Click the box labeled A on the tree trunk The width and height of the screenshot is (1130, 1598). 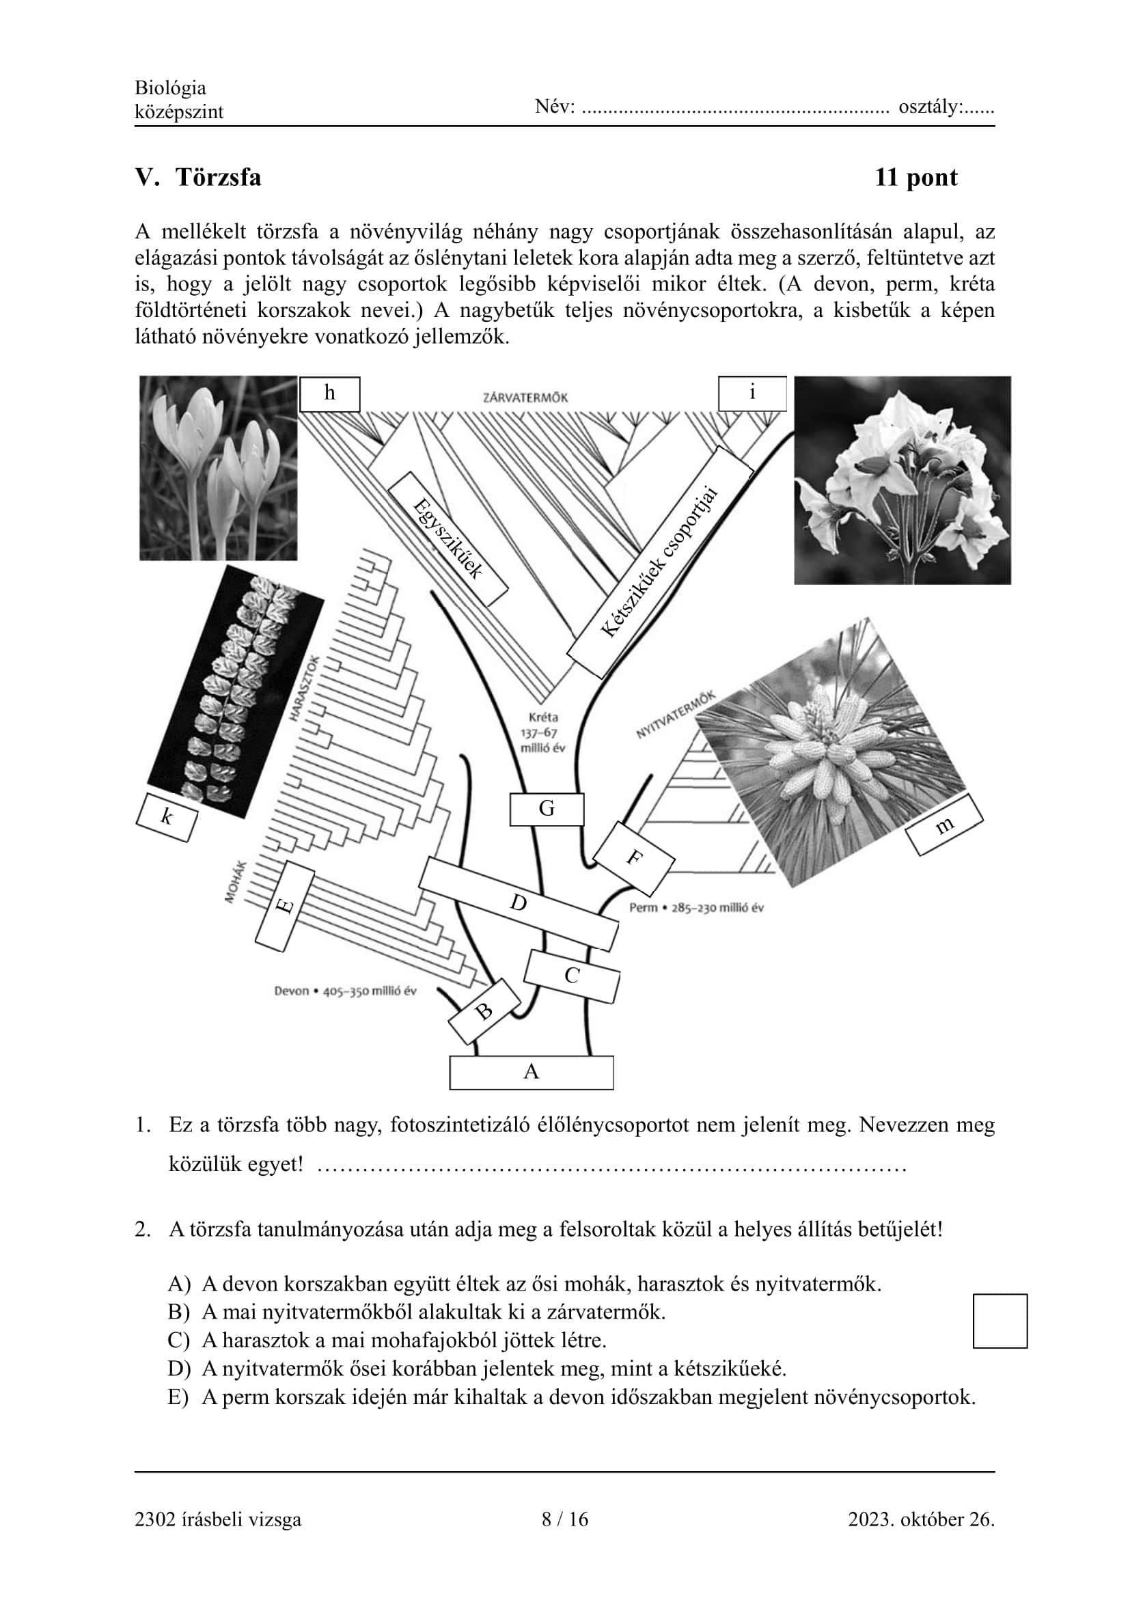tap(532, 1073)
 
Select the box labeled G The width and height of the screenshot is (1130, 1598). tap(547, 809)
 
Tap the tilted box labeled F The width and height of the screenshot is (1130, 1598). tap(633, 859)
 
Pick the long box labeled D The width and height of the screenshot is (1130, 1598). tap(519, 903)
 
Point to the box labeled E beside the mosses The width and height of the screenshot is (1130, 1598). tap(285, 906)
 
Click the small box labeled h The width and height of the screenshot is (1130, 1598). tap(330, 394)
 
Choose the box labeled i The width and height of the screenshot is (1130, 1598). tap(752, 394)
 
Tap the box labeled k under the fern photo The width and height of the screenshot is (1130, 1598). tap(166, 817)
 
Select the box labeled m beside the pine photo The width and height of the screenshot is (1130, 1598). tap(944, 825)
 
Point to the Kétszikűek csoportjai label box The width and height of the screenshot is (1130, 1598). tap(660, 562)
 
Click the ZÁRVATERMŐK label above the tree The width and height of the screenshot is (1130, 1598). tap(525, 398)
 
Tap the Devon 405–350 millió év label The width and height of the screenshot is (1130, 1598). tap(345, 991)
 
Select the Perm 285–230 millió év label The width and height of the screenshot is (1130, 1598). tap(695, 907)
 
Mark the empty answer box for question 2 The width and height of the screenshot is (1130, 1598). tap(1000, 1321)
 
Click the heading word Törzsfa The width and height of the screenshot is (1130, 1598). tap(219, 178)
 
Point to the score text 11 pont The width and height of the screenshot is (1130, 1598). tap(915, 178)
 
